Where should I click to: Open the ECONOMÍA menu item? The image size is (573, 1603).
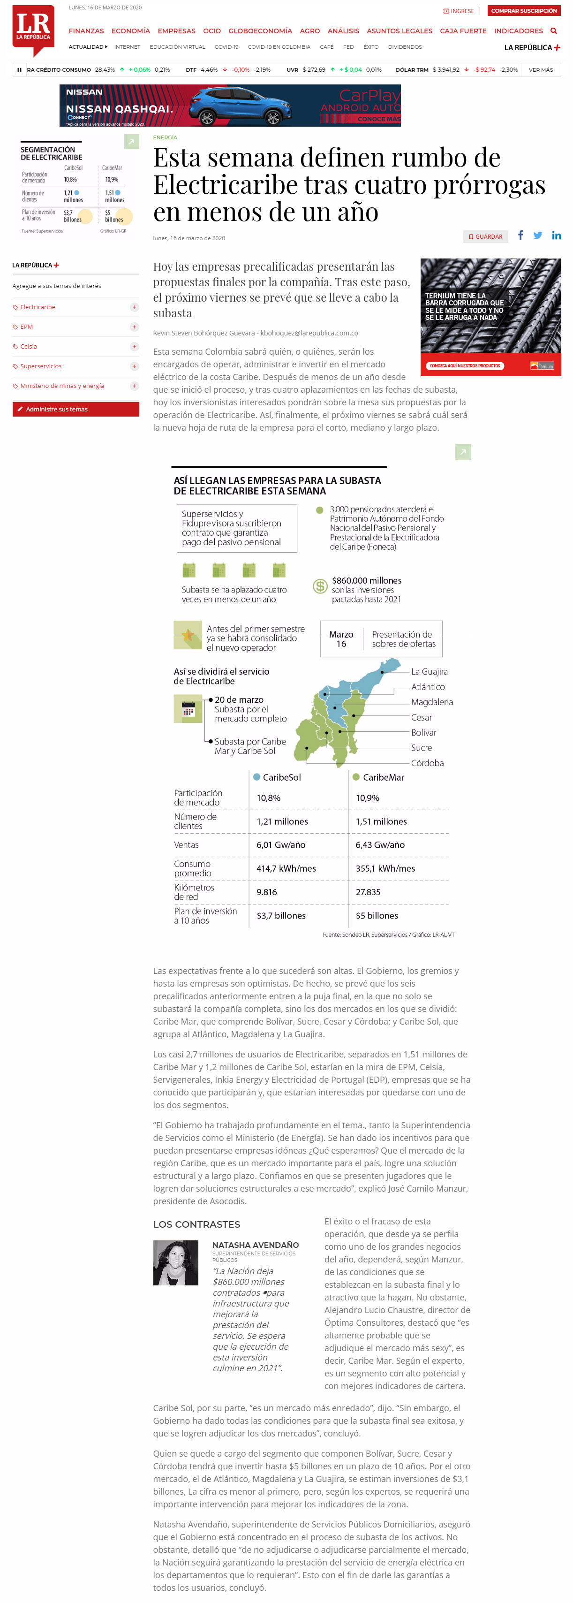(x=131, y=30)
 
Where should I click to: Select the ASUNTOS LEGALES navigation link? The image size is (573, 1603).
(x=399, y=30)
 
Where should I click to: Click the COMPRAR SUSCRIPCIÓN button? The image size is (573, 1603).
(x=524, y=11)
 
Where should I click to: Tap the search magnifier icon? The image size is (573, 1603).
(x=553, y=30)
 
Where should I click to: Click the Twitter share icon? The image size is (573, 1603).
(x=537, y=235)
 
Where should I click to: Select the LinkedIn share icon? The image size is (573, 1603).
(x=556, y=235)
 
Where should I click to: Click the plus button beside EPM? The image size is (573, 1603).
(x=134, y=327)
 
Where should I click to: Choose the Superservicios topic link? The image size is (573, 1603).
(x=41, y=366)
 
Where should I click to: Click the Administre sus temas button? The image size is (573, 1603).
(x=75, y=409)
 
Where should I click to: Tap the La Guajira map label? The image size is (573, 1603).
(x=430, y=671)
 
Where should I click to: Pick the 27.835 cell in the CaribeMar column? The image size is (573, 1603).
(x=368, y=892)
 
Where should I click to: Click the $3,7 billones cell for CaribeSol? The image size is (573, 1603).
(x=281, y=915)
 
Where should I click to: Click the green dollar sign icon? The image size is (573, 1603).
(x=320, y=585)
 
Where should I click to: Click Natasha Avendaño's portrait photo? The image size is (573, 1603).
(x=175, y=1262)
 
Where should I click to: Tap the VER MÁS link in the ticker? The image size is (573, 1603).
(x=541, y=70)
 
